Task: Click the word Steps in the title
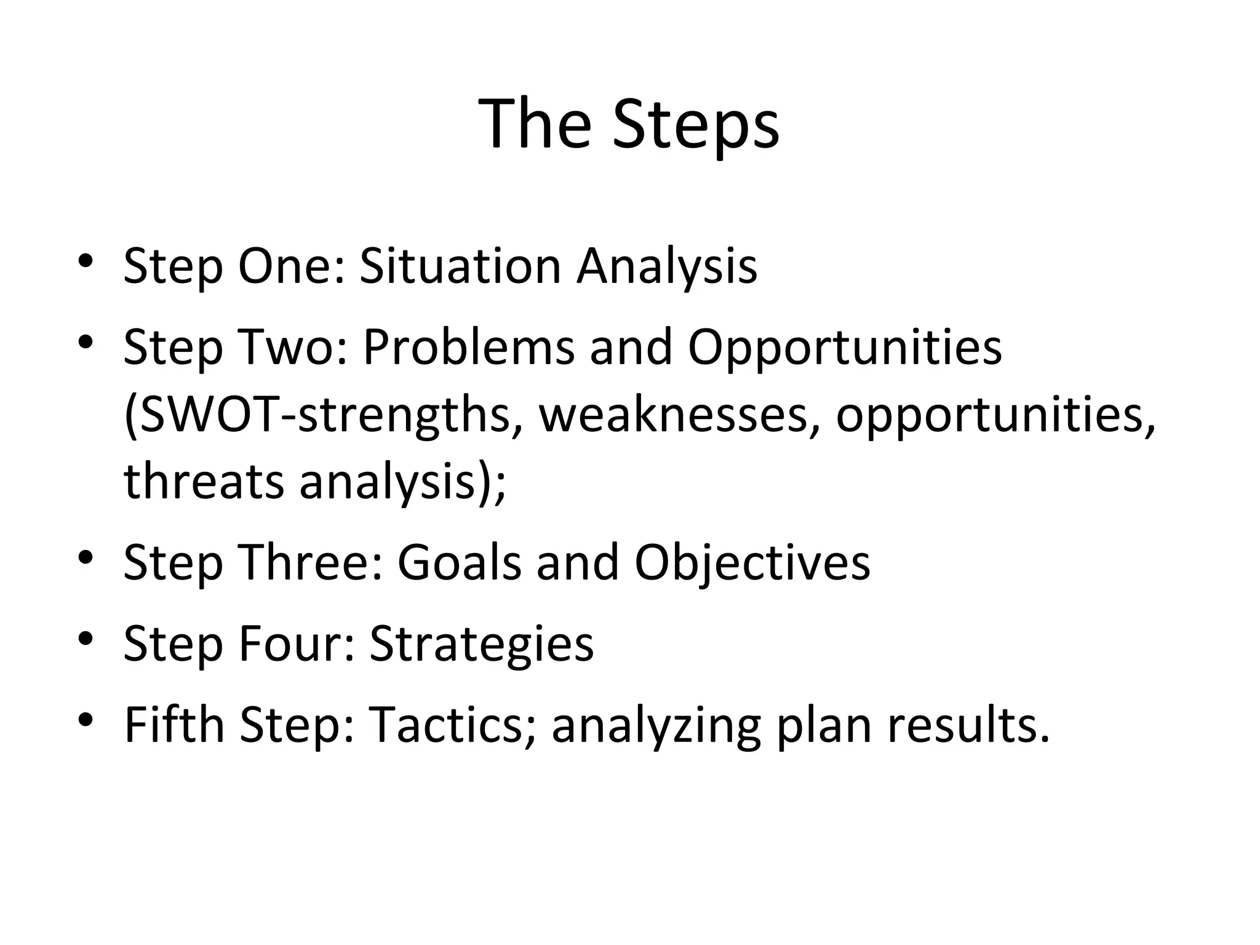click(695, 126)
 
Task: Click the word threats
click(204, 482)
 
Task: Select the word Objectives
click(752, 564)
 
